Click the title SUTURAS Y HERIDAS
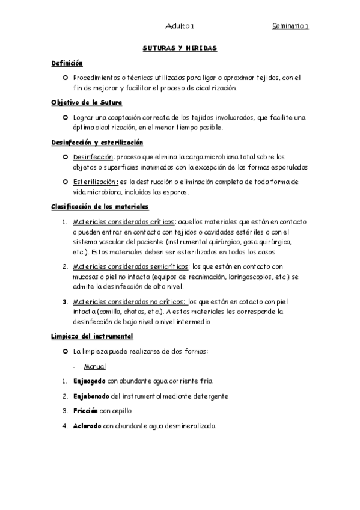[x=180, y=47]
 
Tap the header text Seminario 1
[x=290, y=26]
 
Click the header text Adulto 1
[x=179, y=26]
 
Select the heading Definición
[x=67, y=63]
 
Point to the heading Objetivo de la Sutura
[x=87, y=102]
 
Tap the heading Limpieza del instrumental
[x=92, y=336]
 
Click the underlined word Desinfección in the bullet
[x=92, y=156]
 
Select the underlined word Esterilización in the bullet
[x=96, y=182]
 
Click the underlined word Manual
[x=95, y=366]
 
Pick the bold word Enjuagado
[x=90, y=381]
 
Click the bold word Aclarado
[x=87, y=426]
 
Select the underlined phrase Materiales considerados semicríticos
[x=130, y=266]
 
